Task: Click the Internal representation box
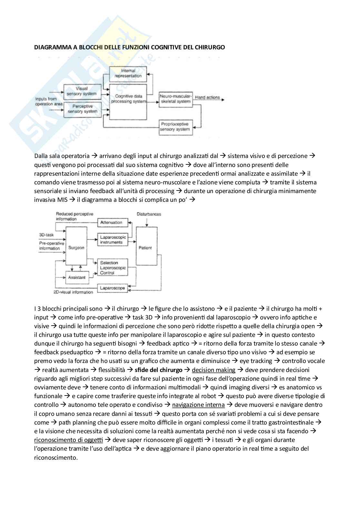tap(128, 73)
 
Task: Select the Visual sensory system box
tap(82, 91)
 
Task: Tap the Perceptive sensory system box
tap(82, 109)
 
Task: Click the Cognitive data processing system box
tap(128, 99)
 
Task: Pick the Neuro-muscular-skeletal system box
tap(175, 99)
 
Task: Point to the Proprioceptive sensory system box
tap(175, 127)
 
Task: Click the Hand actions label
tap(207, 97)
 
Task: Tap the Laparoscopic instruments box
tap(112, 240)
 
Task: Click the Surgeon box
tap(76, 248)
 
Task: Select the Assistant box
tap(77, 277)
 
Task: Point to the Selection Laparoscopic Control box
tap(112, 268)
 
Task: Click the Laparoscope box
tap(112, 288)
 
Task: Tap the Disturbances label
tap(149, 214)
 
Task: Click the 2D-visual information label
tap(73, 292)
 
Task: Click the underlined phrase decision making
tap(213, 370)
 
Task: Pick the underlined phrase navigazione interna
tap(198, 405)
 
